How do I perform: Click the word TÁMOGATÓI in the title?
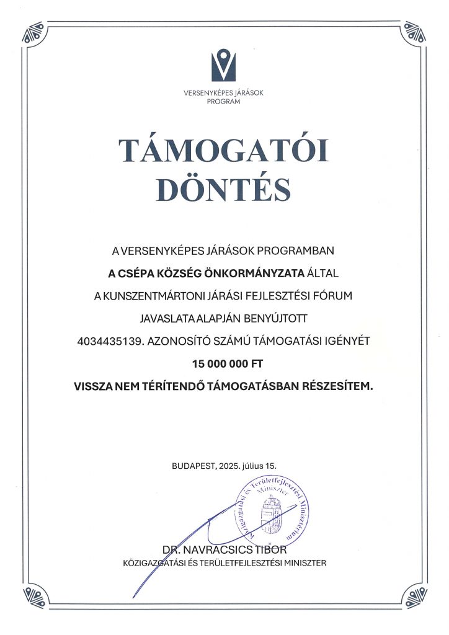click(224, 151)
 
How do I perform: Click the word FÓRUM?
click(336, 296)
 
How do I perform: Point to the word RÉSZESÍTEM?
click(339, 385)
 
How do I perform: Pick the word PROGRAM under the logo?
click(224, 102)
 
